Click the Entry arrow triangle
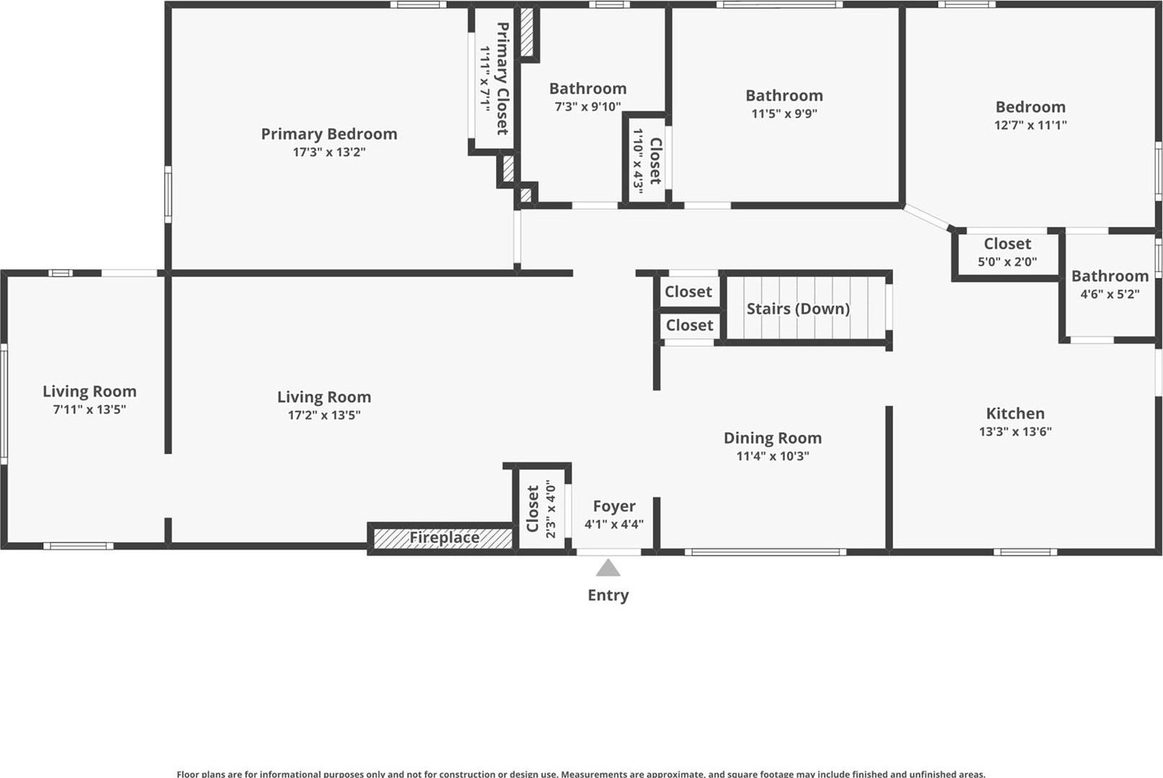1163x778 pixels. [608, 569]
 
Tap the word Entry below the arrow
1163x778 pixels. [608, 595]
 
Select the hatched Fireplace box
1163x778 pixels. [443, 538]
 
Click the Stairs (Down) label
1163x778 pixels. [798, 309]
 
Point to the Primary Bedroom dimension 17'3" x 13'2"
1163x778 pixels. [329, 152]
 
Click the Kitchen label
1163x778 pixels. [1015, 413]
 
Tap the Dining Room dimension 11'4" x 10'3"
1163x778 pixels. [772, 456]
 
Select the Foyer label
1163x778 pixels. [614, 506]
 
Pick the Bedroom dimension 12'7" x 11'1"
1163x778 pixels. [1030, 125]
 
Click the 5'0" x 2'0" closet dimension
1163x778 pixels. [1007, 262]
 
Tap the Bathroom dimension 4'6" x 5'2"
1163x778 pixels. [1109, 294]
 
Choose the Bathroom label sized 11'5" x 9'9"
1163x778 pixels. [783, 95]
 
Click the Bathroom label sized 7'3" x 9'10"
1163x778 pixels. [588, 89]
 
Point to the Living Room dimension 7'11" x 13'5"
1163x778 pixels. [89, 409]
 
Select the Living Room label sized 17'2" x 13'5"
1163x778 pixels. [324, 397]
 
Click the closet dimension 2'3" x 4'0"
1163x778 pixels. [551, 509]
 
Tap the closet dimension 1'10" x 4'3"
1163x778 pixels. [638, 160]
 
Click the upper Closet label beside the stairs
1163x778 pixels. [688, 291]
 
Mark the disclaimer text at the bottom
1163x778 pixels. [580, 774]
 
